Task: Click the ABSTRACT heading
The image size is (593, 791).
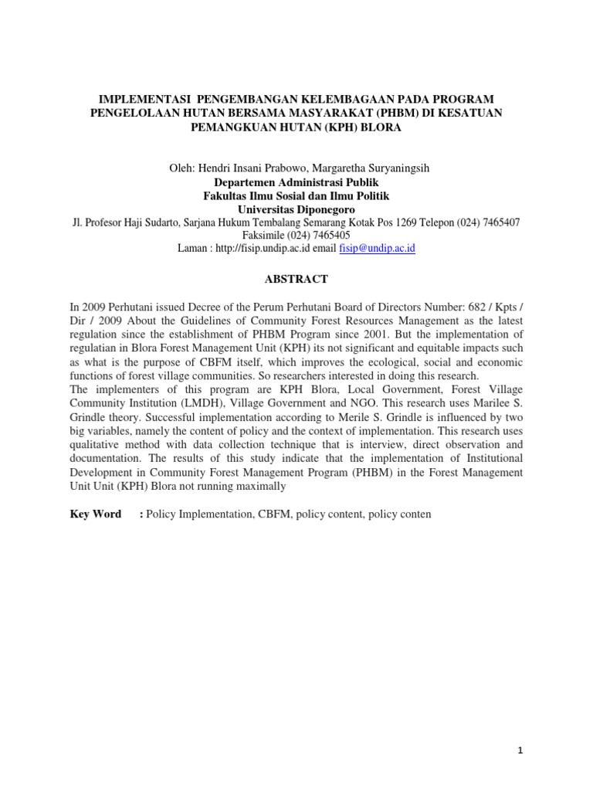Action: tap(296, 279)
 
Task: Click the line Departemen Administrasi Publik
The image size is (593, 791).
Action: tap(296, 182)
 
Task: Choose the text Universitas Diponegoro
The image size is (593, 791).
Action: tap(296, 209)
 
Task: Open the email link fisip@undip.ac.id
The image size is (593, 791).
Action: tap(383, 249)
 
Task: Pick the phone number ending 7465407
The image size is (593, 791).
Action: tap(493, 222)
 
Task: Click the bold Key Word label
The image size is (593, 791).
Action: tap(96, 514)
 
